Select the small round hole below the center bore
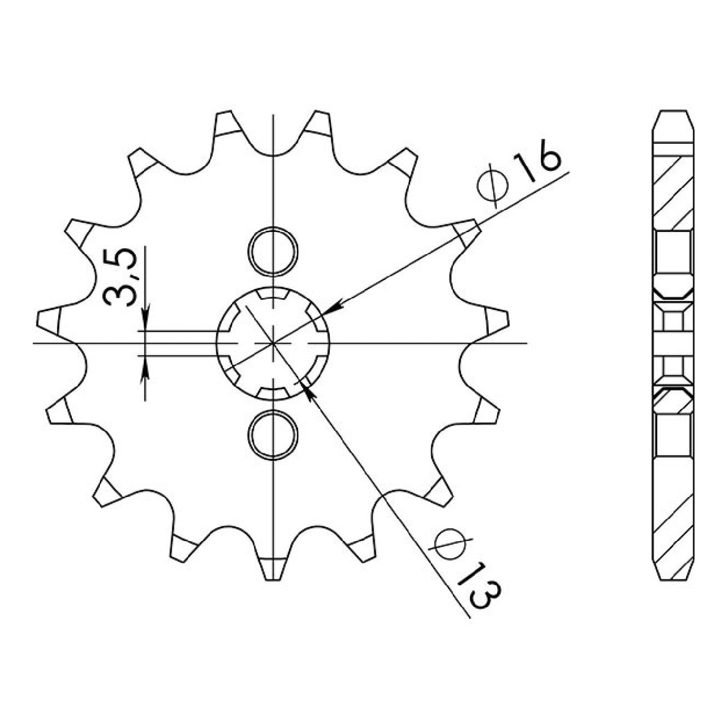click(273, 434)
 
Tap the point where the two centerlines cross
click(273, 344)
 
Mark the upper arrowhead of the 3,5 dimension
click(146, 321)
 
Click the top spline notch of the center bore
click(273, 295)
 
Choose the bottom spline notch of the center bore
click(273, 393)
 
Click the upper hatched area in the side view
click(672, 189)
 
